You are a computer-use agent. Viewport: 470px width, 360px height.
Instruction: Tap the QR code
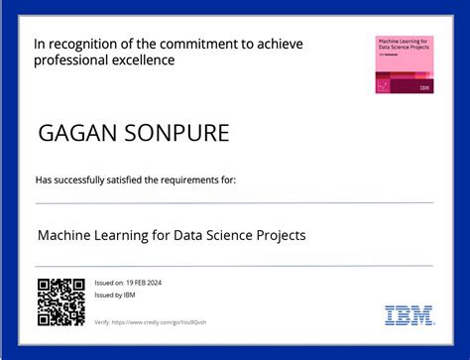(x=59, y=302)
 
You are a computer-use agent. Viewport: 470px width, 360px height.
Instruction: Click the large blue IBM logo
(x=409, y=315)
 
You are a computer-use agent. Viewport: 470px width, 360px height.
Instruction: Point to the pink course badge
(x=404, y=64)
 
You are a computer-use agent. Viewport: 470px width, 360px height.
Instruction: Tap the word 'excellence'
(x=146, y=60)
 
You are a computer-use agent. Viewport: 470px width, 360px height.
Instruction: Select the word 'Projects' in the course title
(x=280, y=236)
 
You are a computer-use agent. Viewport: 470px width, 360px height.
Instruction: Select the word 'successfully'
(x=79, y=180)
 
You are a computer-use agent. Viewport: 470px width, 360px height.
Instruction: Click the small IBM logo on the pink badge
(x=424, y=87)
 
